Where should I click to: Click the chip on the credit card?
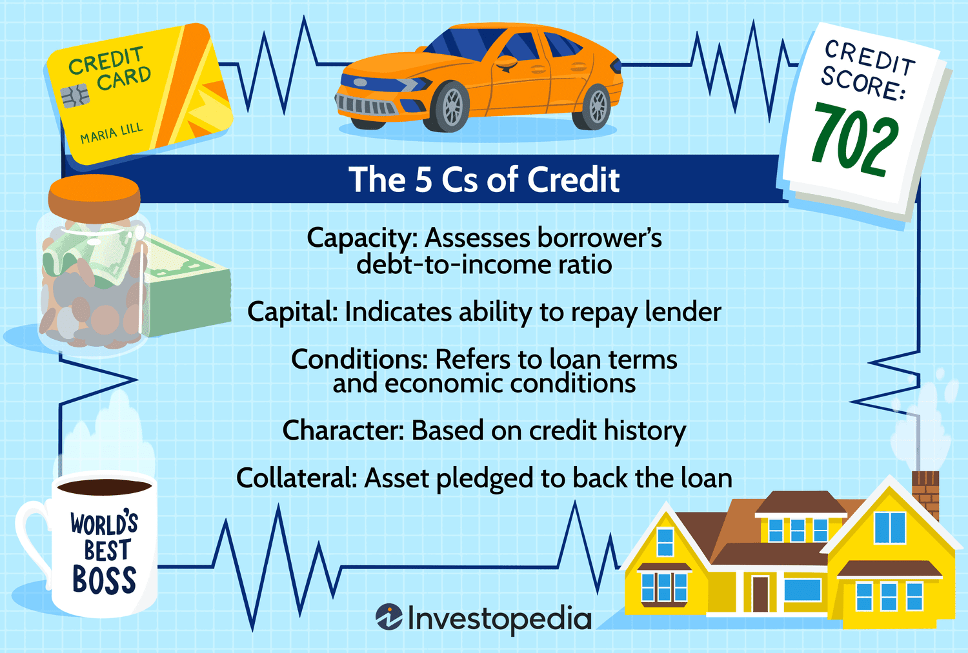(75, 96)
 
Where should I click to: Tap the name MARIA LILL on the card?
(112, 133)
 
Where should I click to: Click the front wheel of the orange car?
(451, 106)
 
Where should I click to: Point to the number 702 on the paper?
(854, 139)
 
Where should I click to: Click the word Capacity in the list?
(361, 239)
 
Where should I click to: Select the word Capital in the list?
(292, 312)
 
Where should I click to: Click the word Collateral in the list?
(296, 478)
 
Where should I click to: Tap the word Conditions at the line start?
(359, 359)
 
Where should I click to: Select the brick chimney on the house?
(925, 494)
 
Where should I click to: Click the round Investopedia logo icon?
(389, 617)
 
